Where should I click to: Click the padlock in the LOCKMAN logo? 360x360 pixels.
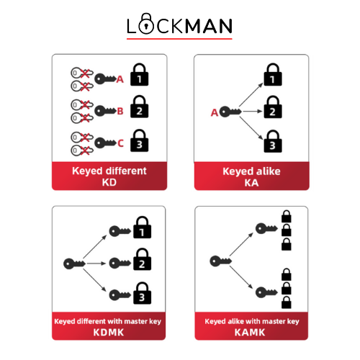pos(146,24)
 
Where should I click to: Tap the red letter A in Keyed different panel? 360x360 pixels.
pos(120,79)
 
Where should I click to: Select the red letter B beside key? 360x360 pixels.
pos(120,112)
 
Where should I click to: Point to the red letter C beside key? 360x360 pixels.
pos(120,143)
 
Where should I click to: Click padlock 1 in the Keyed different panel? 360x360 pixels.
pos(139,74)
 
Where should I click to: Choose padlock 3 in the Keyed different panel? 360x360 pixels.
pos(139,140)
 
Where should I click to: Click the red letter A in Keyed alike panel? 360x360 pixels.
pos(215,112)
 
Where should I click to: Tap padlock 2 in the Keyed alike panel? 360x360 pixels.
pos(273,107)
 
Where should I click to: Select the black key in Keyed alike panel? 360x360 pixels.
pos(230,112)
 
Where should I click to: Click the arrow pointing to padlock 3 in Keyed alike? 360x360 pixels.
pos(251,128)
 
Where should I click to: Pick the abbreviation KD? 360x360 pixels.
pos(109,182)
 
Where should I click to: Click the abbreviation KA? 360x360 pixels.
pos(251,183)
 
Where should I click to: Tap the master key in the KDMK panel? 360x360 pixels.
pos(74,264)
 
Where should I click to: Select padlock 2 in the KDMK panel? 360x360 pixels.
pos(142,259)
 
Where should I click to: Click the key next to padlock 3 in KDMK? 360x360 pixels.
pos(120,295)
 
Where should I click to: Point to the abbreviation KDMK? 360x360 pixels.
pos(109,333)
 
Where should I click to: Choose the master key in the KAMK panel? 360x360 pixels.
pos(220,261)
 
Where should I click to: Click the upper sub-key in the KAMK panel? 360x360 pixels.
pos(266,228)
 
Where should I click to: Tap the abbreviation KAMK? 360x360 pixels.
pos(250,333)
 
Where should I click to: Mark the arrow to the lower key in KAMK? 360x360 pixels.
pos(241,277)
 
